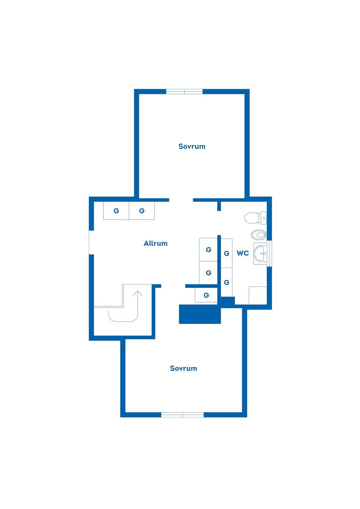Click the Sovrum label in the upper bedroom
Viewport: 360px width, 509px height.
pos(192,146)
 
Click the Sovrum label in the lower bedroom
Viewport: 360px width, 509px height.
pos(183,368)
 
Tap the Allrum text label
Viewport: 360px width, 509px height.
pos(156,243)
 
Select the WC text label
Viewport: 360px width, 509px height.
pos(243,253)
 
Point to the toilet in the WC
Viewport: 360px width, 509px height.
pos(255,218)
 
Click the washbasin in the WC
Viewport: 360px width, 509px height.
pos(260,253)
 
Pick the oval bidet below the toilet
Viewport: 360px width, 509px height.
pos(259,235)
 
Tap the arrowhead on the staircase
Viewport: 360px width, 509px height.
pos(138,293)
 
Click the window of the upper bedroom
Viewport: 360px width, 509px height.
pos(184,91)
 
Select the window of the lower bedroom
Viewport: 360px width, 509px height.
pos(183,415)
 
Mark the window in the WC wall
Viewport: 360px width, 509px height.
pos(269,253)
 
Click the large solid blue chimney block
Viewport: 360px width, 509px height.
pos(200,314)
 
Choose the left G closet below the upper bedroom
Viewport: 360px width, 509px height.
pos(116,211)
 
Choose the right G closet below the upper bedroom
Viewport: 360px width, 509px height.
pos(142,211)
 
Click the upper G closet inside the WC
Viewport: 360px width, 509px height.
pos(226,253)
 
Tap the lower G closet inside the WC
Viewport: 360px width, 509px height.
pos(226,282)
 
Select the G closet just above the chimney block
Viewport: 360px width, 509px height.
pos(206,295)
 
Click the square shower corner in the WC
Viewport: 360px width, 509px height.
pos(258,295)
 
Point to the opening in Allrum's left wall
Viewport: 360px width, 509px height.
pos(91,243)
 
